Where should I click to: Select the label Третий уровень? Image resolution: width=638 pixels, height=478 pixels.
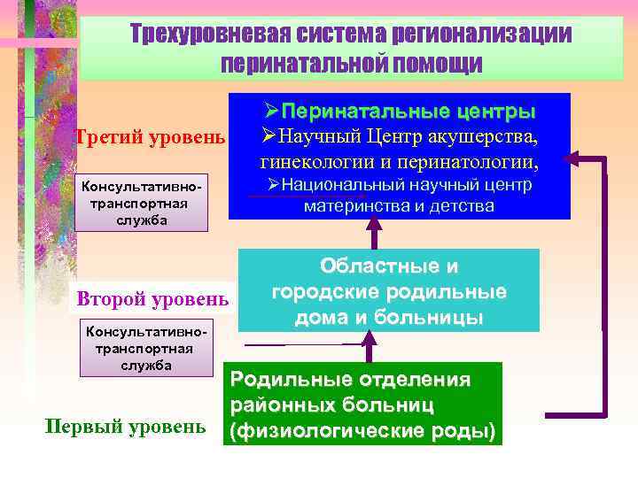point(151,138)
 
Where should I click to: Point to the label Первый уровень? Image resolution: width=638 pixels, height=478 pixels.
point(125,427)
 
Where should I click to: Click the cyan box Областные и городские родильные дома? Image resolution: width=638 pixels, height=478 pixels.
point(388,291)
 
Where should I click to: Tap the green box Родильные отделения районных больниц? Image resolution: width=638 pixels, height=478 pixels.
point(363,405)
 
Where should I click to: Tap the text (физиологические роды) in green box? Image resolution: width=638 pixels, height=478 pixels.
point(363,431)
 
